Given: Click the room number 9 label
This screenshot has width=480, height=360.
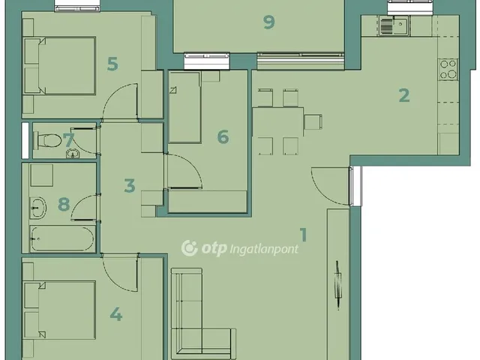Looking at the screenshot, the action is click(268, 22).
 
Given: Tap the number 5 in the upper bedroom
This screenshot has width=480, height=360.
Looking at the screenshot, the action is click(112, 64).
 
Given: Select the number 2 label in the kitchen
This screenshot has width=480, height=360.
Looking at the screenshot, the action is click(404, 95).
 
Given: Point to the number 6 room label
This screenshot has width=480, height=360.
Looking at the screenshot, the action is click(223, 136).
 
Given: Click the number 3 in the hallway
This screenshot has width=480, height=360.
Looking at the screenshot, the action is click(130, 185).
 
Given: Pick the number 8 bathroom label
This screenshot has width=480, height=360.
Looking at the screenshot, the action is click(64, 204).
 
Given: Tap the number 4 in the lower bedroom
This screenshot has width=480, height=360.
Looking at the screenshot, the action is click(116, 314).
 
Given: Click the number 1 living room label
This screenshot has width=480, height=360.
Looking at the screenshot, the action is click(303, 235).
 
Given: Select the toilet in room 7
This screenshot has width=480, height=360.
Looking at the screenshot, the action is click(46, 140).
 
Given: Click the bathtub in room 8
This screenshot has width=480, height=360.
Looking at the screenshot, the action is click(62, 238).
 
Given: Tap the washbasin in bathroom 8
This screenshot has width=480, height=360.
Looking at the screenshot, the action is click(38, 208).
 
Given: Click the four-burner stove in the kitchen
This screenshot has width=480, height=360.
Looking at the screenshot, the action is click(448, 70).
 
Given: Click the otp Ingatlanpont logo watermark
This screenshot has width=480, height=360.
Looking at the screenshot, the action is click(240, 248).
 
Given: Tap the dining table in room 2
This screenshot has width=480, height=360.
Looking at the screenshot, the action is click(278, 121).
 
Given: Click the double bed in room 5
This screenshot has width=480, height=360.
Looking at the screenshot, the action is click(60, 65).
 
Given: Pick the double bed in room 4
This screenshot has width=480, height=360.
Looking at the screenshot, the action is click(60, 310).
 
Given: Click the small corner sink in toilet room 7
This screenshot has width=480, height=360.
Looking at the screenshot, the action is click(73, 153).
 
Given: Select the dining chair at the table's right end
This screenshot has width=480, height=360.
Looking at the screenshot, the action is click(313, 121).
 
